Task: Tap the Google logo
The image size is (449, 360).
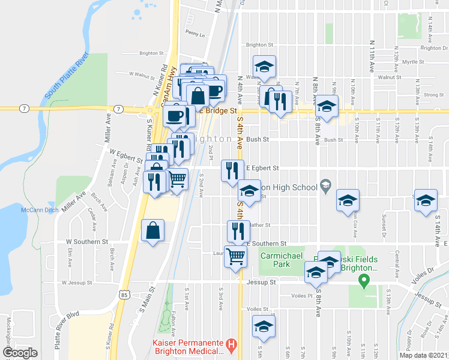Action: [x=20, y=353]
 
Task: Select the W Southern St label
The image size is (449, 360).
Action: [x=86, y=242]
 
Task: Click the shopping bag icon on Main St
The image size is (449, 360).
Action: [x=153, y=230]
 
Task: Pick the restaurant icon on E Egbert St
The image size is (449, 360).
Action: [x=232, y=170]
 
